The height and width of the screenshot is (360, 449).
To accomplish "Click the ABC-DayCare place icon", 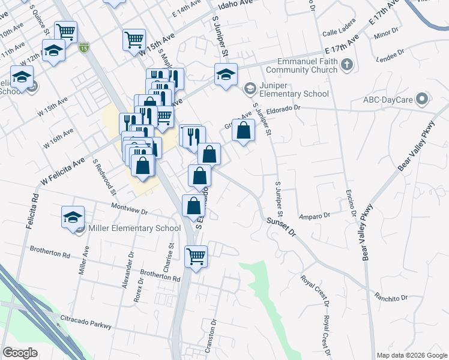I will click(x=423, y=98).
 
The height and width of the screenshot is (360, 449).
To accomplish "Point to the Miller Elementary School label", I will click(x=134, y=228).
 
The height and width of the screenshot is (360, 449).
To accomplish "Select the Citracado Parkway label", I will click(x=86, y=325).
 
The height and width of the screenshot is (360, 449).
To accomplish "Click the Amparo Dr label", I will click(x=315, y=215).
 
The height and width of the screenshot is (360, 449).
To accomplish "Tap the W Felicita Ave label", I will click(x=62, y=170).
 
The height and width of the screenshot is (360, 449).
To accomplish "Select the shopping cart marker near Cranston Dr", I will click(x=196, y=257).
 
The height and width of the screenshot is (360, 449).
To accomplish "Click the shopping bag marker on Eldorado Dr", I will click(x=243, y=130).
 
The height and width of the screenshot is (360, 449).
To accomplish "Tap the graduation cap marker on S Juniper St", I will click(x=226, y=75).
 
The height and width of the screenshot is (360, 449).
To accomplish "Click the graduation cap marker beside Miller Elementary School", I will click(x=73, y=217).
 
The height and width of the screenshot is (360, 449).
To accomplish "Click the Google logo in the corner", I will click(x=20, y=353).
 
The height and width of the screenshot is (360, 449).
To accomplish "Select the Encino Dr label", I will click(x=351, y=205).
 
